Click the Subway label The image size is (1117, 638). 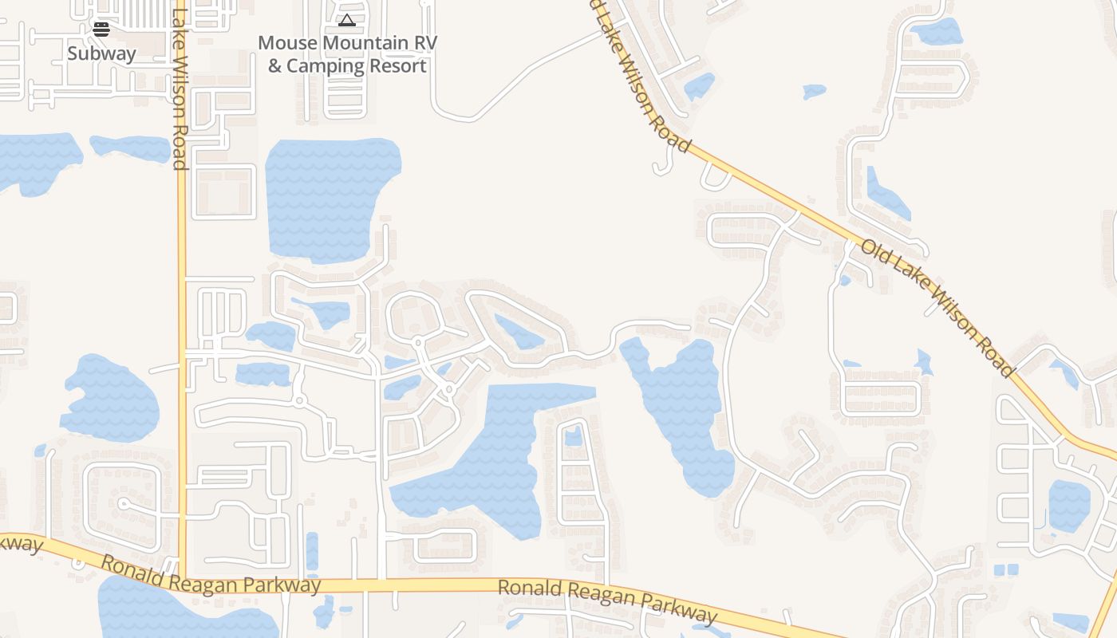click(x=101, y=53)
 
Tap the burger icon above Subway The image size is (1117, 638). click(x=101, y=30)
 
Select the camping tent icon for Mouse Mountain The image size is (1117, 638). click(x=346, y=20)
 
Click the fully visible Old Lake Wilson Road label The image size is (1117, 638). click(x=937, y=308)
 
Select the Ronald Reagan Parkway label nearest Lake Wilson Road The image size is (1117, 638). click(x=211, y=575)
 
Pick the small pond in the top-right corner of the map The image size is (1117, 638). click(x=937, y=31)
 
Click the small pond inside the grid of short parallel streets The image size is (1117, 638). click(x=573, y=436)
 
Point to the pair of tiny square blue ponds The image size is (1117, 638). click(x=1006, y=569)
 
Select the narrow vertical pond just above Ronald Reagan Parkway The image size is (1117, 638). click(x=312, y=551)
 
